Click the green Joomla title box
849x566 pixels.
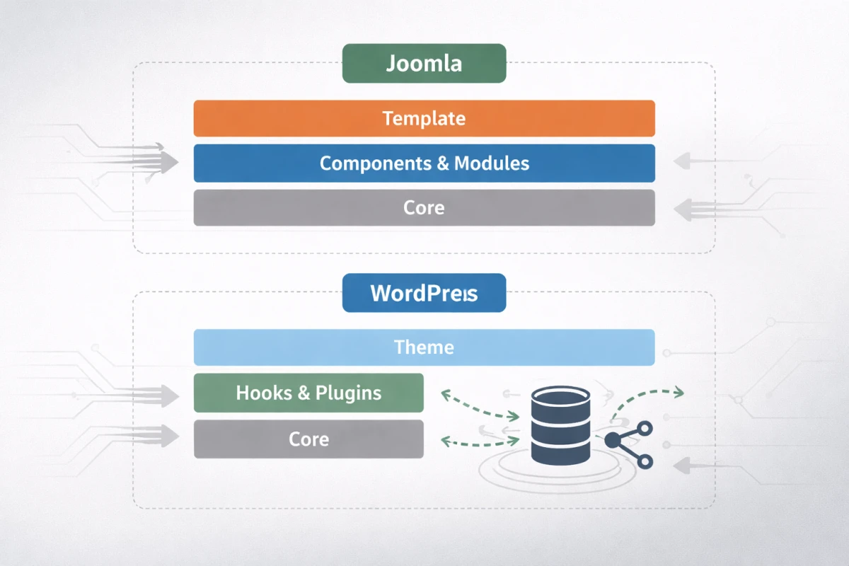(x=424, y=64)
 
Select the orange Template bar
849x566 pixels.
(x=424, y=118)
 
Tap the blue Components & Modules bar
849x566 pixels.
(x=424, y=163)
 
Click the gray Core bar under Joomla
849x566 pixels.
(x=424, y=208)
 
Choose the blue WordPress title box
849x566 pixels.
(x=424, y=293)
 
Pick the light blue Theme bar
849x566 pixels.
(x=424, y=347)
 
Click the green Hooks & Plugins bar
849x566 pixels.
(x=308, y=393)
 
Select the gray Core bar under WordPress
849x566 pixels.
(x=308, y=439)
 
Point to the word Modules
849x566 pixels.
(x=492, y=163)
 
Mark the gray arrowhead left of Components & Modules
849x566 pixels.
(x=169, y=163)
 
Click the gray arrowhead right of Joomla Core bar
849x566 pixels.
(x=681, y=209)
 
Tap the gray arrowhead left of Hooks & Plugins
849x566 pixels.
(x=170, y=395)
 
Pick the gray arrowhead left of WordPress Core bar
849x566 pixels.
(x=170, y=436)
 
